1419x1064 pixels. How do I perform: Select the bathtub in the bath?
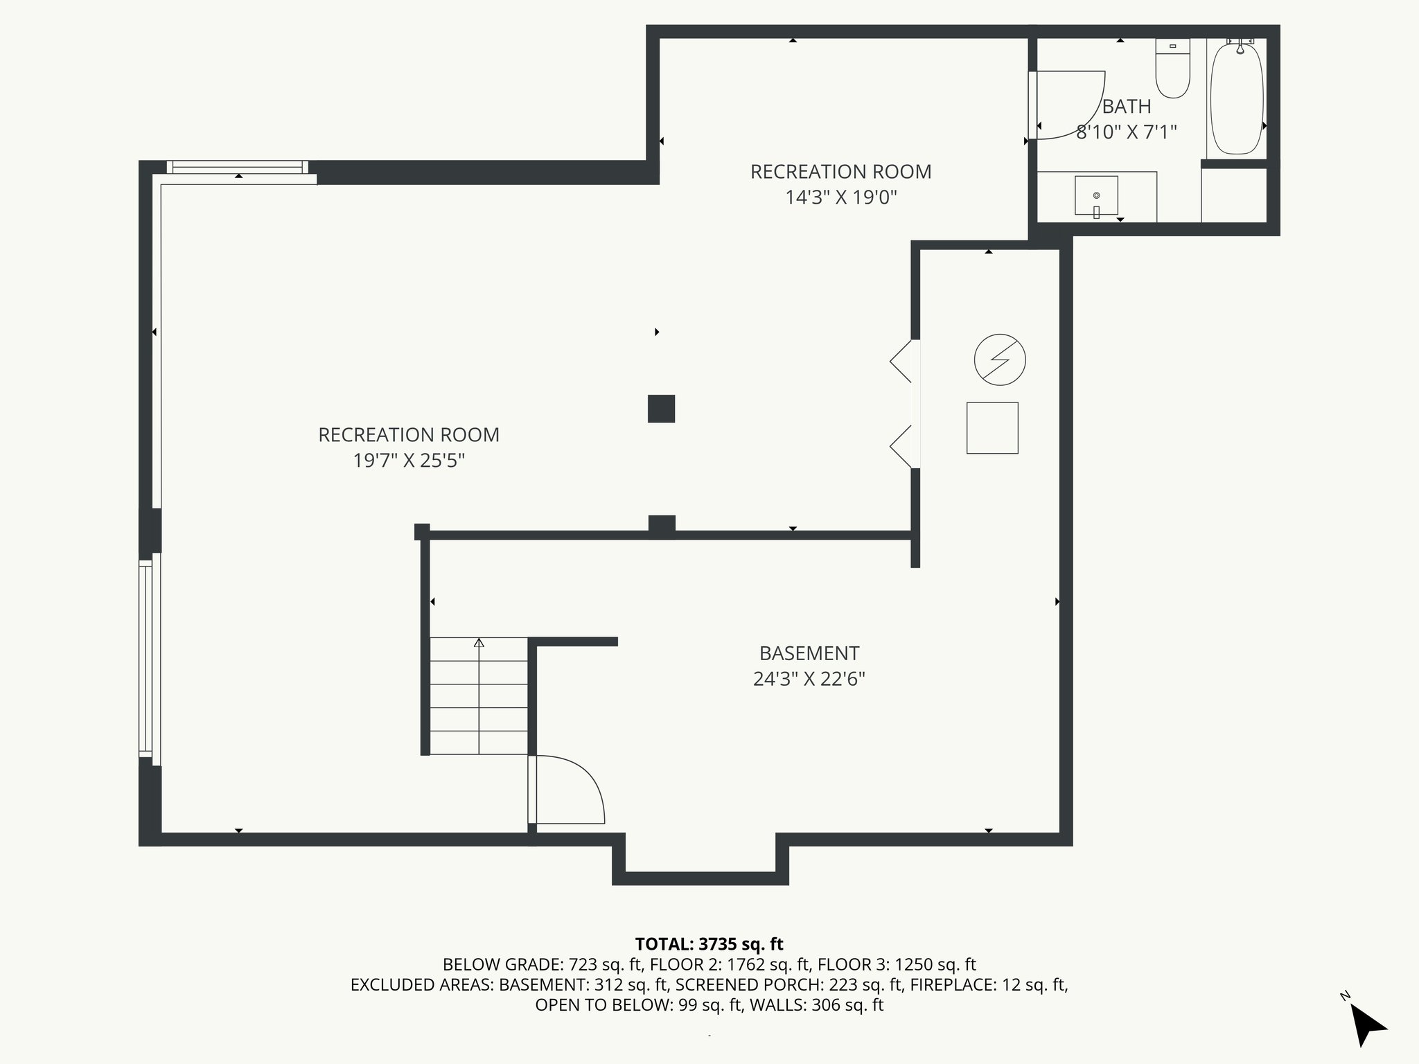[1237, 97]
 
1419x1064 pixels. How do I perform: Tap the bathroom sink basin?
[1096, 195]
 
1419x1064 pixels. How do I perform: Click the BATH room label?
[1127, 107]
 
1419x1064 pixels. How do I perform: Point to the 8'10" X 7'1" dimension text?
[1127, 132]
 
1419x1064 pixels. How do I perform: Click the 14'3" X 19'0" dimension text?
[840, 197]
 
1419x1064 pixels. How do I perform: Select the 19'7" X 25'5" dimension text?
[409, 461]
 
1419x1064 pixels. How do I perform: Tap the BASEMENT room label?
[809, 653]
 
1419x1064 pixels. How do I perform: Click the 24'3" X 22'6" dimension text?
[809, 679]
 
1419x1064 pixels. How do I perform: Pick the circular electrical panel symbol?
[1000, 360]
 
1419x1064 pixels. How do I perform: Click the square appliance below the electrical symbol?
[992, 428]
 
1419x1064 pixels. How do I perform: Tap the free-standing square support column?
[661, 409]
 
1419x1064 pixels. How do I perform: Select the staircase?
[479, 696]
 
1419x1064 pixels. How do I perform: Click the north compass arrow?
[1368, 1025]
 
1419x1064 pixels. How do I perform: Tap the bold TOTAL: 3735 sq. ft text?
[709, 944]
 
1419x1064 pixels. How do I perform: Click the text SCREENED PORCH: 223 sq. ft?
[789, 984]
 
